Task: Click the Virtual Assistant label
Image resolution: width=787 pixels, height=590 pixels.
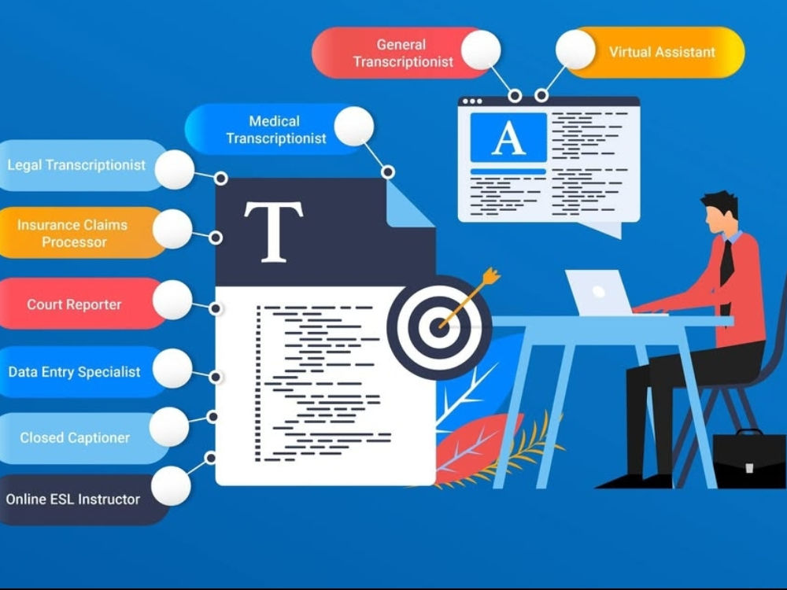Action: [662, 52]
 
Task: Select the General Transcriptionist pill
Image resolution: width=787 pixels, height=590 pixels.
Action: [401, 53]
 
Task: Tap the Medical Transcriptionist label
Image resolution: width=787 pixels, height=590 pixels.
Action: [275, 130]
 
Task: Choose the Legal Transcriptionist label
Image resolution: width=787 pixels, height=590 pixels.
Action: [76, 165]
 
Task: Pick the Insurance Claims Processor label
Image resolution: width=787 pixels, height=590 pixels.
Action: [72, 234]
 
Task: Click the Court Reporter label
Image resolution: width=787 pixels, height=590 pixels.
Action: [74, 304]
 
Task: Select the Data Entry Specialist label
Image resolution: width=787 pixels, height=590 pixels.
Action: [74, 372]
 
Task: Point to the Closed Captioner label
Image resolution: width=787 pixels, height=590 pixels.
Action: [75, 437]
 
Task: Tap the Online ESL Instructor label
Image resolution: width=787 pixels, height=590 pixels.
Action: [72, 500]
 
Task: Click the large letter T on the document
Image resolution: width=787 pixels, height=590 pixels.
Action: [274, 232]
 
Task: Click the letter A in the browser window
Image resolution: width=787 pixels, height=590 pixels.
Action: [508, 138]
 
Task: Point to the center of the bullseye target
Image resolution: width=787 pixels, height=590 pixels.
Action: [438, 327]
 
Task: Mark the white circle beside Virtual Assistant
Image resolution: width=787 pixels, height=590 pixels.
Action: [575, 50]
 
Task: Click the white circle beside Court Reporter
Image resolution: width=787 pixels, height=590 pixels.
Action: [172, 300]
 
